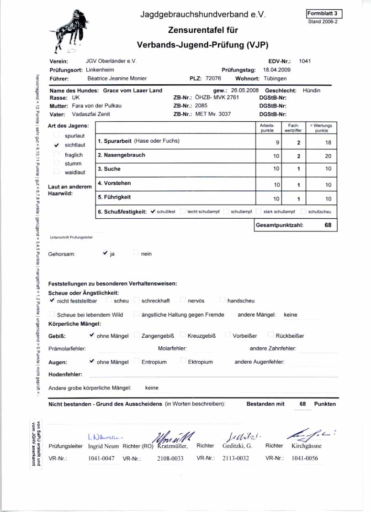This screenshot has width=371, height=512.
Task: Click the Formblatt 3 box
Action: [x=324, y=14]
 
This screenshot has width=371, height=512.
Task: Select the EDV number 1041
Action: [x=305, y=61]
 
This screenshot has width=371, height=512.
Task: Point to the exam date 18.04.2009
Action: [x=277, y=70]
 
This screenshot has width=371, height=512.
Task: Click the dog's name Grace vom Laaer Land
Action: [x=132, y=91]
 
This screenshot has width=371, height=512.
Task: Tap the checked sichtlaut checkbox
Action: [x=57, y=145]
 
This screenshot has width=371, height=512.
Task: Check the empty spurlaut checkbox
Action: [x=57, y=135]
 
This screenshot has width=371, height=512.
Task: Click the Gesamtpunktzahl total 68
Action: [x=328, y=225]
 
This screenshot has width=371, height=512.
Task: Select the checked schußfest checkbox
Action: [x=153, y=211]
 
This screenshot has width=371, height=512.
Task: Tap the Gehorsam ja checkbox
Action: [x=106, y=253]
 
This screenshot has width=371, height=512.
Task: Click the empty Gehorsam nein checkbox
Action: [x=136, y=253]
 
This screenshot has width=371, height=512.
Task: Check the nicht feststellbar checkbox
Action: [x=52, y=300]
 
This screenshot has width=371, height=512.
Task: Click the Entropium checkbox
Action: [x=137, y=361]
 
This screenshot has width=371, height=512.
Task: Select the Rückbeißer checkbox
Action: [x=271, y=335]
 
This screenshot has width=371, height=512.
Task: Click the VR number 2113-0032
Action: [x=236, y=458]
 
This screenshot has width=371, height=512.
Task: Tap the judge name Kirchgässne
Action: [x=306, y=446]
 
